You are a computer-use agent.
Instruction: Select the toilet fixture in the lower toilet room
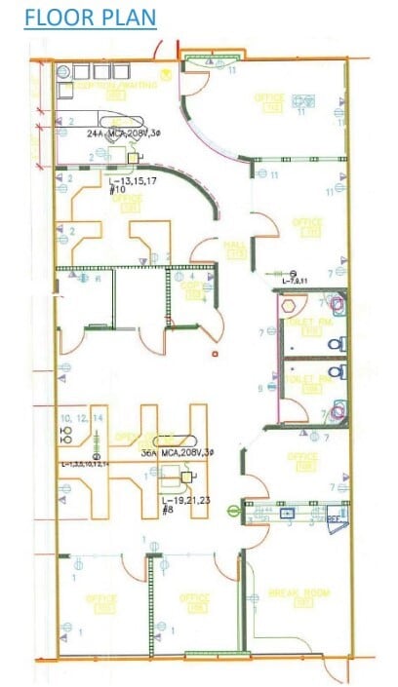[x=338, y=411]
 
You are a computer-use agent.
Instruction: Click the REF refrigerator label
[x=335, y=520]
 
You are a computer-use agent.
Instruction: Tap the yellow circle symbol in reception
[x=166, y=73]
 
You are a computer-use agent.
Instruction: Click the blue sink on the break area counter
[x=289, y=510]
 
